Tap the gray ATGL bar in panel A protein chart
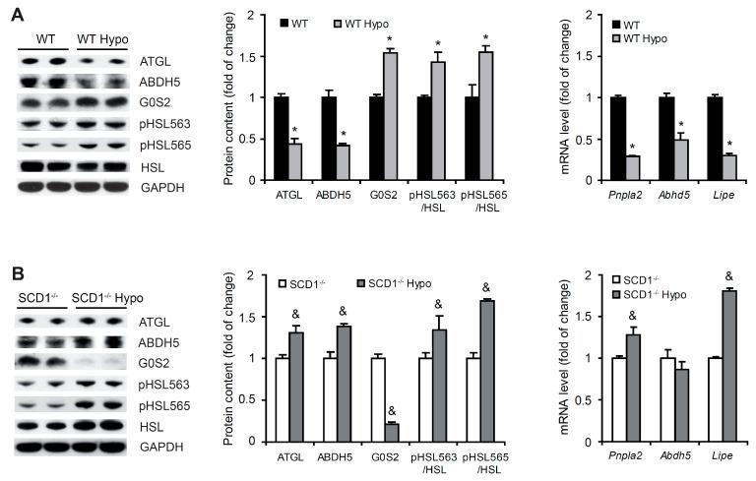pos(294,161)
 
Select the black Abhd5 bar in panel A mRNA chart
pos(665,139)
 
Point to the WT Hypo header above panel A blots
pos(102,38)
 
